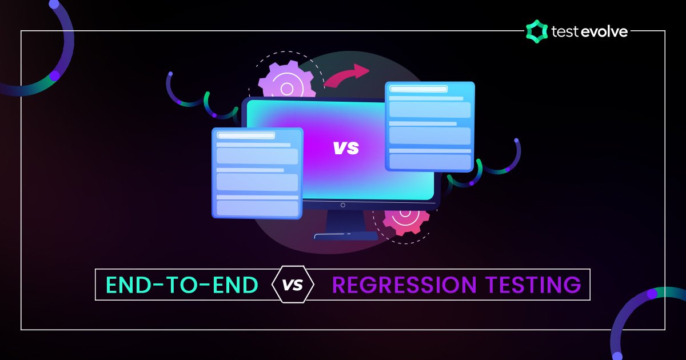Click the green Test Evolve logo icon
click(536, 31)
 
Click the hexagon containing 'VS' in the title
click(294, 284)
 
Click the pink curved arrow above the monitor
click(347, 75)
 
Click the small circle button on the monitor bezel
click(343, 205)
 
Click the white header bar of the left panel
click(246, 135)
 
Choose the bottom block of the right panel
click(430, 161)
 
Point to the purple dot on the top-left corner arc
click(54, 75)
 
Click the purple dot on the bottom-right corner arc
click(652, 294)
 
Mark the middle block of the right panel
click(430, 135)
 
